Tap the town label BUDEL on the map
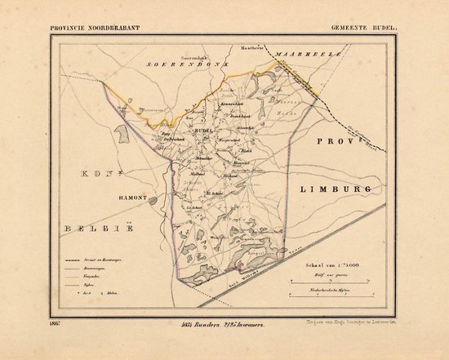(203, 130)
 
